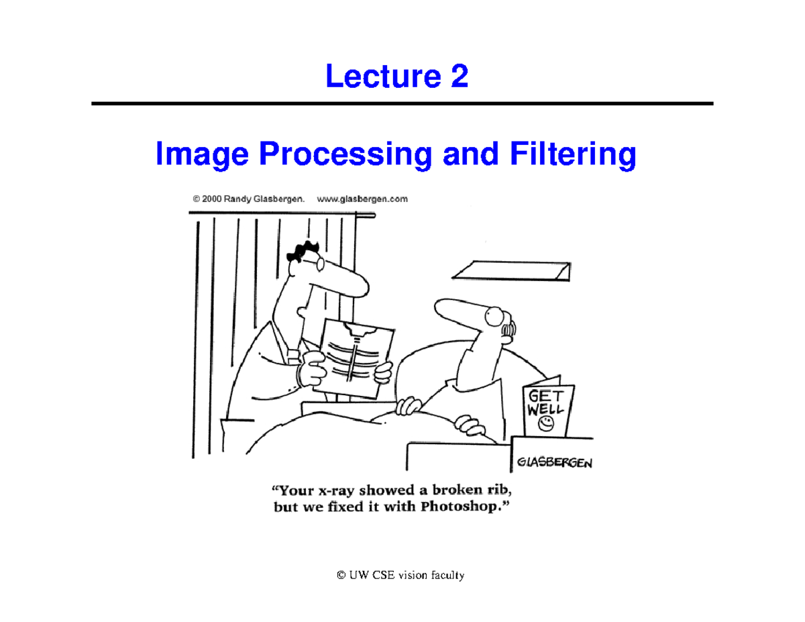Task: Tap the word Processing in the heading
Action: (x=344, y=157)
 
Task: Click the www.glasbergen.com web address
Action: (x=362, y=199)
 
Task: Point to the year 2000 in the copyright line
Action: (x=215, y=199)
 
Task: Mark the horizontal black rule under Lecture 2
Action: (x=402, y=104)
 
